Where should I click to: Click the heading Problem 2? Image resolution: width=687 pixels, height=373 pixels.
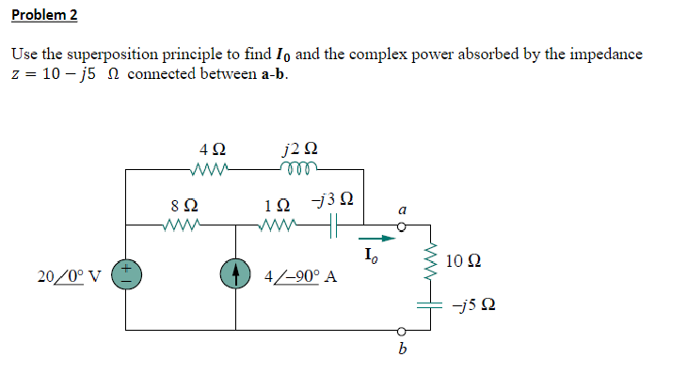click(45, 15)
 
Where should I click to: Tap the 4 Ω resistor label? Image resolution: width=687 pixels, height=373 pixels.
click(212, 149)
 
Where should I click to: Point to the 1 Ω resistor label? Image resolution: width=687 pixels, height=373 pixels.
click(276, 204)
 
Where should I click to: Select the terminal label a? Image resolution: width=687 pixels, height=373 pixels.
click(401, 211)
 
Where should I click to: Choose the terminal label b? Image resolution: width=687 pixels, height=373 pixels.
click(402, 351)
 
